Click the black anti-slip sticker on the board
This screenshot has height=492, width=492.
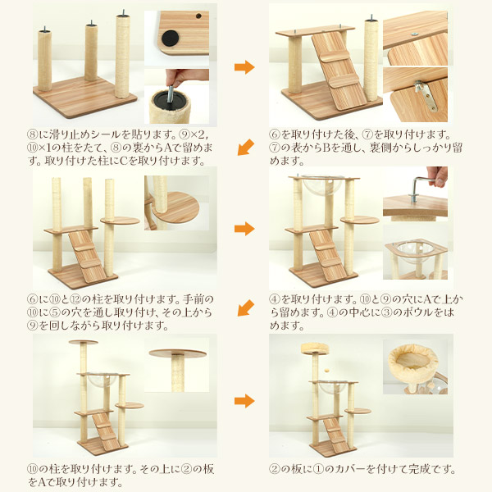(x=170, y=39)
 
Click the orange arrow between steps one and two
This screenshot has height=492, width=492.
(x=244, y=67)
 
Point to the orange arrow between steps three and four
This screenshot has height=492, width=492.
(x=244, y=229)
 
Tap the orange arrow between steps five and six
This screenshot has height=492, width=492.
(x=244, y=401)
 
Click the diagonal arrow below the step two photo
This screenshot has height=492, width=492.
(x=246, y=147)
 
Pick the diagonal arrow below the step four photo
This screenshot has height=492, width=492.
(x=246, y=307)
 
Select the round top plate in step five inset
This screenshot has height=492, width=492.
(x=178, y=353)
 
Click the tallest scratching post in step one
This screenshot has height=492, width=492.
(x=122, y=56)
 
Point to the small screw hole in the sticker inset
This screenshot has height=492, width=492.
(x=198, y=16)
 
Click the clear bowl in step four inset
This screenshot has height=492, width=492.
(x=414, y=249)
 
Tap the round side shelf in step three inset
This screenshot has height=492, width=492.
(x=175, y=207)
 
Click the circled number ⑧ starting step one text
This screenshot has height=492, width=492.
(x=33, y=134)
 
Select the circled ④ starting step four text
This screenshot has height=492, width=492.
(x=275, y=299)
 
